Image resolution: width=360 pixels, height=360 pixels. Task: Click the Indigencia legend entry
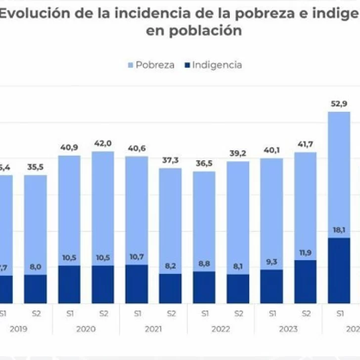[212, 65]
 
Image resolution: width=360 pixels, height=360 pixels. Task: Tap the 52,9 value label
[339, 103]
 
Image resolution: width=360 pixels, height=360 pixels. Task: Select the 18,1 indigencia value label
[339, 230]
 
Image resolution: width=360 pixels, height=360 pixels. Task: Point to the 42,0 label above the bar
[103, 143]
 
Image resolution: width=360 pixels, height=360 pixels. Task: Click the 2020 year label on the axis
[86, 329]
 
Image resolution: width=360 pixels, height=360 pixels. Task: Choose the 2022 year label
[221, 329]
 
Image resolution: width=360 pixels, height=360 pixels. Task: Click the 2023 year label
[288, 329]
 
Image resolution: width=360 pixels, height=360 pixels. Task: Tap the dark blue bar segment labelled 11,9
[305, 282]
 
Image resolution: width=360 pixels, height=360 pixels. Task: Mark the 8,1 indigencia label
[237, 266]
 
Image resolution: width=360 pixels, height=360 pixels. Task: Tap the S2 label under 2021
[171, 313]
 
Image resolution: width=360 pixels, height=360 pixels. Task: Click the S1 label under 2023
[271, 313]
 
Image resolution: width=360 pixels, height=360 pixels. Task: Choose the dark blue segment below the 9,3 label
[271, 287]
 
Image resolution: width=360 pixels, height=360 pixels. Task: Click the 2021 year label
[153, 329]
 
